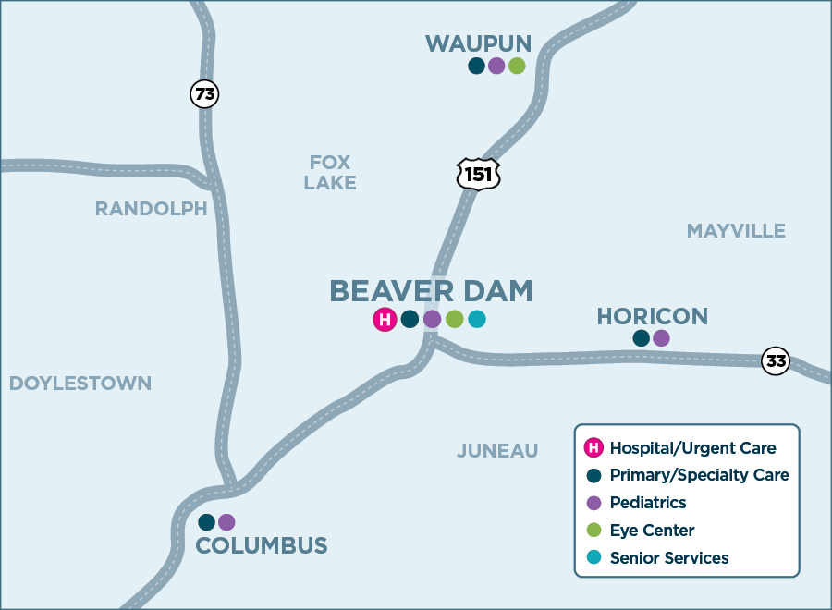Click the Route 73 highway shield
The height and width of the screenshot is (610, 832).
tap(204, 93)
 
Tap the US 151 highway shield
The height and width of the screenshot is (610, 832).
tap(479, 173)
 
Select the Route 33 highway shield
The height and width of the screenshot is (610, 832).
tap(776, 361)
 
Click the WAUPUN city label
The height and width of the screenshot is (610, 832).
tap(478, 43)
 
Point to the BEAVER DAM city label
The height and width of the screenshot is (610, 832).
tap(431, 290)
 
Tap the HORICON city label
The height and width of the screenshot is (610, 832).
tap(652, 316)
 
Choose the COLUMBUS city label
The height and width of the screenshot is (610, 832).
tap(262, 545)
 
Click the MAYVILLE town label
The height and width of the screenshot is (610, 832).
tap(736, 231)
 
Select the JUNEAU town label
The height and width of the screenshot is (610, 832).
tap(497, 451)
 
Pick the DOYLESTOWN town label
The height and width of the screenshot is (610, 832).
tap(80, 383)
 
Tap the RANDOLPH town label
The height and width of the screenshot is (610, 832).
tap(152, 209)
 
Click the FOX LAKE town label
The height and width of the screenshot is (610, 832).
tap(330, 173)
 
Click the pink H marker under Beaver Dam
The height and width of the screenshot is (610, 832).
tap(385, 320)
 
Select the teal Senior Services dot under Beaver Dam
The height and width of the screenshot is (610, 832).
tap(476, 320)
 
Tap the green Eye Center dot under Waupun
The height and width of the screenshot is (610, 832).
tap(517, 66)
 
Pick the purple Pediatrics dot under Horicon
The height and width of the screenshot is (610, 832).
tap(661, 338)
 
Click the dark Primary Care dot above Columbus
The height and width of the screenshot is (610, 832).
tap(207, 522)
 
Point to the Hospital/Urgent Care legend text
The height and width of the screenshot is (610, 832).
tap(692, 448)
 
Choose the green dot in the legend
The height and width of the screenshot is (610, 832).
tap(593, 531)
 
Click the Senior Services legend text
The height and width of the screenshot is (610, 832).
tap(669, 558)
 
